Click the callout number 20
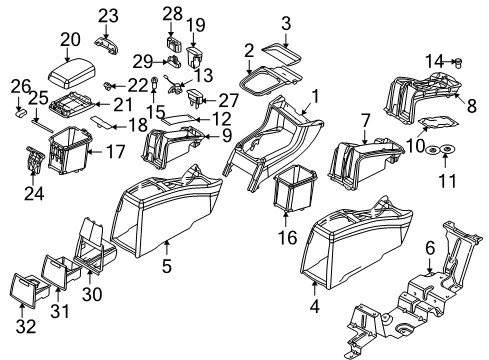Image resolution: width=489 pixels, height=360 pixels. (70, 40)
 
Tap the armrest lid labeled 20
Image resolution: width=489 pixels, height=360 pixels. (72, 73)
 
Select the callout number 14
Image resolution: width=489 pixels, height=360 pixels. (435, 61)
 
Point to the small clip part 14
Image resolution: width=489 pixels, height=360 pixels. (459, 62)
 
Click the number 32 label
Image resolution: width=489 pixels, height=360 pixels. (26, 326)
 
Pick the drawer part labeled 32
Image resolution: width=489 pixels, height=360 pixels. (29, 290)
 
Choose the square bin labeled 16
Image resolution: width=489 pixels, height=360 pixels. (294, 189)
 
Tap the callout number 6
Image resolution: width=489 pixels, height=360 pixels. (430, 248)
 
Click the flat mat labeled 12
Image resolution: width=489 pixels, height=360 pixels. (179, 119)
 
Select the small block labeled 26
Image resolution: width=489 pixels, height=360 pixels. (21, 112)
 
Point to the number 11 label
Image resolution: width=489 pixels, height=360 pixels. (447, 181)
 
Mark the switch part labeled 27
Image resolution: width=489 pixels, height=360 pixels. (195, 97)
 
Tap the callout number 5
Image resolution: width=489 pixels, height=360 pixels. (167, 266)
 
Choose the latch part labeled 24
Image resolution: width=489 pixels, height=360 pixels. (34, 159)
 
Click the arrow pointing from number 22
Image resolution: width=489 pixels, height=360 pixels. (119, 87)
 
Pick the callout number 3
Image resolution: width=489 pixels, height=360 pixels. (286, 23)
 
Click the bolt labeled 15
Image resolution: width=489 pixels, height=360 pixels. (154, 82)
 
